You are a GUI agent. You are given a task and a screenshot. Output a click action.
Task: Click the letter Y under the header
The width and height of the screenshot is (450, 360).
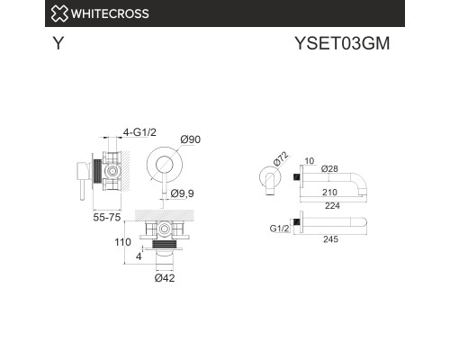point(58,42)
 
